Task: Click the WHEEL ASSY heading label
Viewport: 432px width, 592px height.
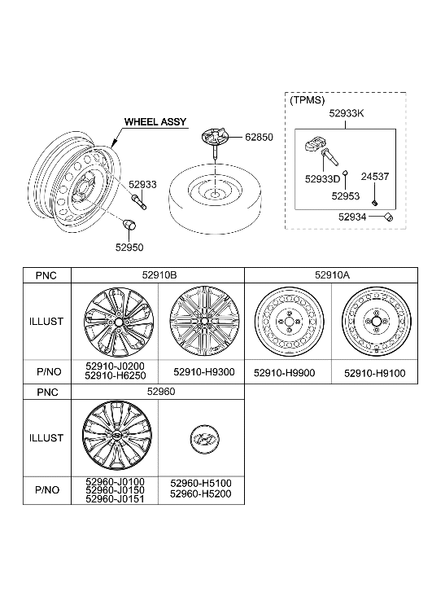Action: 155,122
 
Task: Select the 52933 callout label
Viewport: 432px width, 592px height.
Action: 142,185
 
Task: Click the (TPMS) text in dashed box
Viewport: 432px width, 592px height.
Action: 307,100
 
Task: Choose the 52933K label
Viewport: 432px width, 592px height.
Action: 346,116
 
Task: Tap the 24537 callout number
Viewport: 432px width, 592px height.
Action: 377,175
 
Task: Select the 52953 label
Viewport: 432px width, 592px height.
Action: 346,195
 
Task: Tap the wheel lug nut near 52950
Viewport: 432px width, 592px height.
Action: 129,224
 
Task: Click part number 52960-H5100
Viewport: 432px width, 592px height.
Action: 201,483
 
